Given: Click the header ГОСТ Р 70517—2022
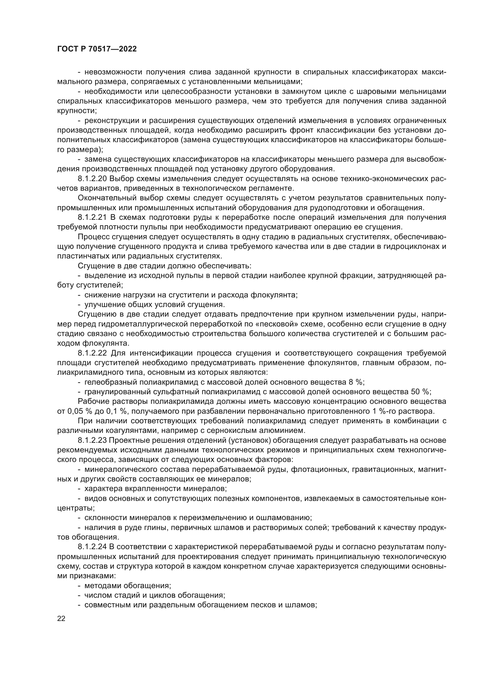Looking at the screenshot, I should (x=97, y=49).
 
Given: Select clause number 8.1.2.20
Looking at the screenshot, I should (x=92, y=179).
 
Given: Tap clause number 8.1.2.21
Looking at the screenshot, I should (x=92, y=217).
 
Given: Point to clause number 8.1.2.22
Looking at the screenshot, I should (x=92, y=353).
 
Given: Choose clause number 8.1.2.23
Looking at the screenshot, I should (x=92, y=440).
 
